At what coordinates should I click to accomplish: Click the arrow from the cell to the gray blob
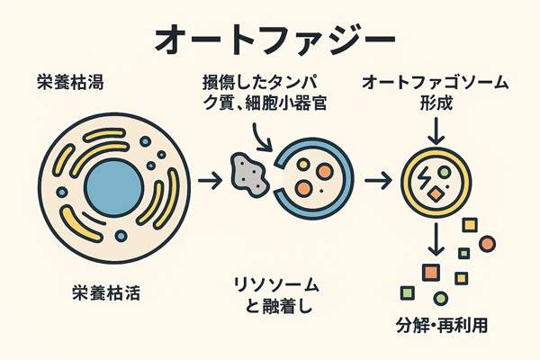click(x=211, y=181)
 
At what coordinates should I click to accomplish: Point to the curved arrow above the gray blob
click(x=264, y=137)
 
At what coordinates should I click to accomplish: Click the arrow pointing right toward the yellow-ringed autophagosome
click(x=379, y=181)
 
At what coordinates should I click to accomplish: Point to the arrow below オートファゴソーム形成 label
click(x=436, y=132)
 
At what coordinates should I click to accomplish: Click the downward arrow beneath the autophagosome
click(x=436, y=238)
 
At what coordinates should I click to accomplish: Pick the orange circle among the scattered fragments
click(x=487, y=244)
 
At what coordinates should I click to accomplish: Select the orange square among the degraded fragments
click(x=430, y=272)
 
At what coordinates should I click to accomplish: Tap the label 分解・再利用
click(x=442, y=326)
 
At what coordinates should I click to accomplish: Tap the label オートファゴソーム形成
click(x=436, y=94)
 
